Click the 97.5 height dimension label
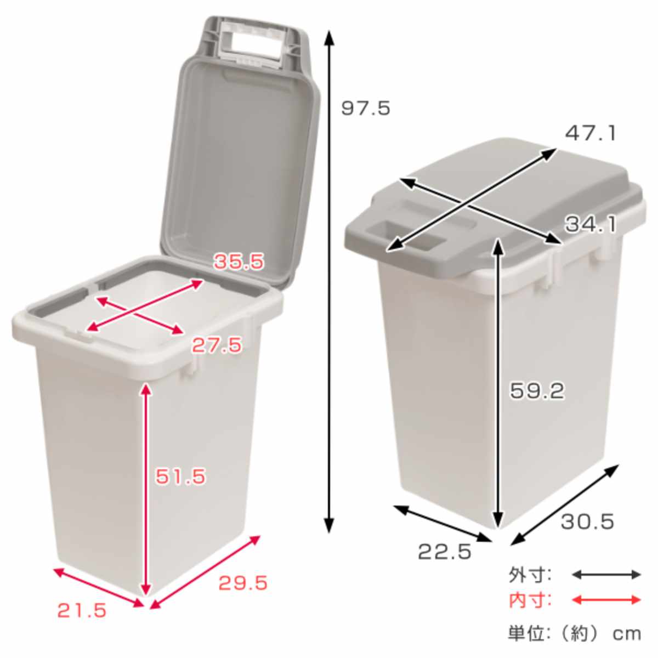point(366,108)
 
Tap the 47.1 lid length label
point(591,133)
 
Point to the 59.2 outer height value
point(536,391)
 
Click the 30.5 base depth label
point(587,521)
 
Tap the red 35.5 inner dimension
point(239,262)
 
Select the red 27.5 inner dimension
point(216,345)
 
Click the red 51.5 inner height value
point(180,476)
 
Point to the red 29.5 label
point(243,583)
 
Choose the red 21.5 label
point(82,610)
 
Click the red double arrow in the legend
point(606,600)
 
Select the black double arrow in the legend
point(606,575)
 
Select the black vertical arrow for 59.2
point(497,384)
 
